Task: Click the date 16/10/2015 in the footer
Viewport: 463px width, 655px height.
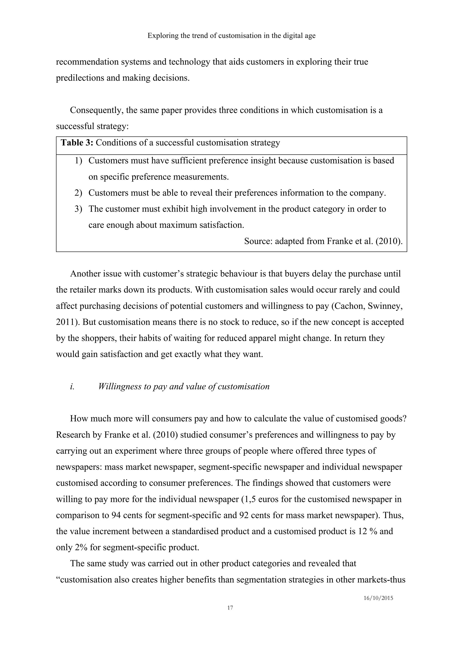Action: pos(378,598)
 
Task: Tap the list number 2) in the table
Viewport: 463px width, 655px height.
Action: pos(78,193)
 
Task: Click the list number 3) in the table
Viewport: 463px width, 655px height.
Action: pos(78,209)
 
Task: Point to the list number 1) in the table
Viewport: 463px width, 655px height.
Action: pos(78,161)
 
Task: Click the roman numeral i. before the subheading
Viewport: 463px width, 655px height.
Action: pos(72,386)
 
